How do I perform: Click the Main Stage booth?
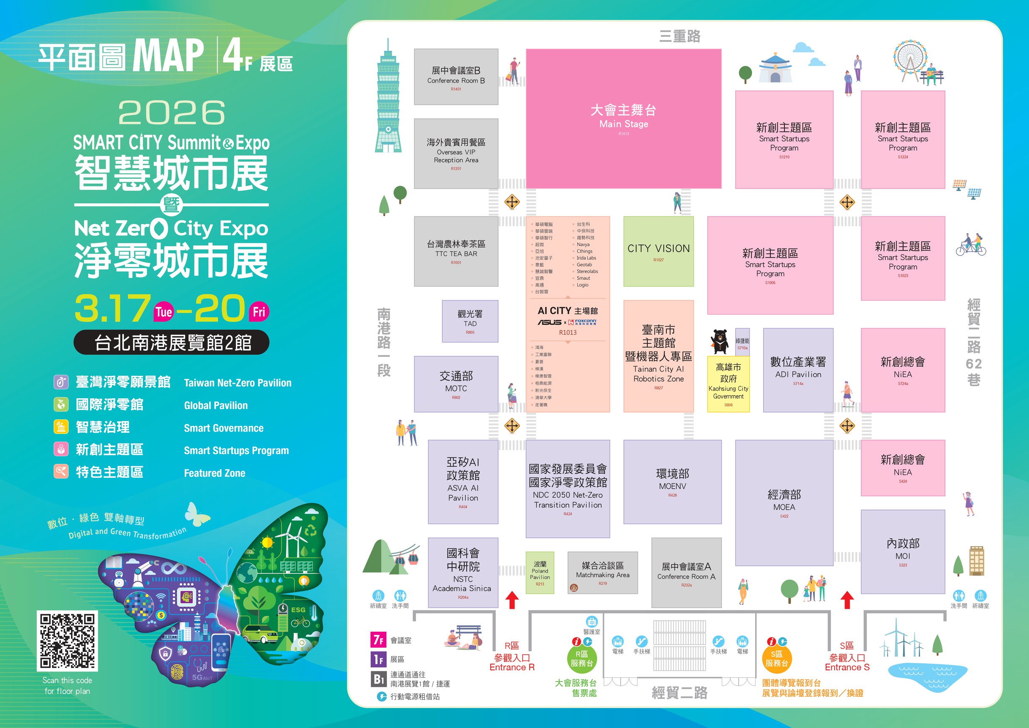(623, 118)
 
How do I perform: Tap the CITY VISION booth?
(658, 251)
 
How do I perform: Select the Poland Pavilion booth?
(540, 572)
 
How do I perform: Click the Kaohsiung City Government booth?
(728, 384)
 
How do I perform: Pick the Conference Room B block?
(456, 77)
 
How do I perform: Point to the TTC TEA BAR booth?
(456, 251)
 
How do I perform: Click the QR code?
(67, 640)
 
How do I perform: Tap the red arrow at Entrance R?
(512, 600)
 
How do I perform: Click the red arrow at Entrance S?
(846, 600)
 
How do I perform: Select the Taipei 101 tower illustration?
(388, 99)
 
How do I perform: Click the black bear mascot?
(720, 341)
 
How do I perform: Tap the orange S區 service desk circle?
(776, 659)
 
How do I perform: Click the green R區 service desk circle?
(581, 659)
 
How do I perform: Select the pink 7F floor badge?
(378, 640)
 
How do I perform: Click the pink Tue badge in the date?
(164, 312)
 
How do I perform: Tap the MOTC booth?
(456, 384)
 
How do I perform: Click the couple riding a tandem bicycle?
(971, 245)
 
